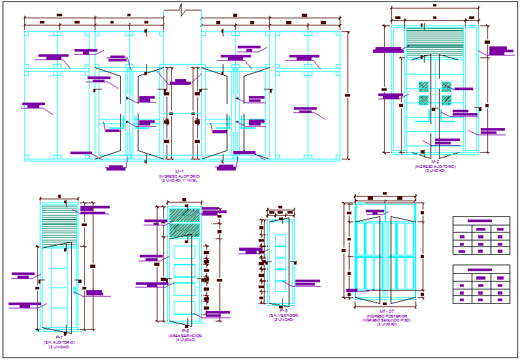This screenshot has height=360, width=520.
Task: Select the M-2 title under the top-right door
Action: pos(435,161)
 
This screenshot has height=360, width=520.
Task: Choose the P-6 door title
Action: pos(284,312)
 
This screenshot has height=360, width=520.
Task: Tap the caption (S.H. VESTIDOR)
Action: pos(284,316)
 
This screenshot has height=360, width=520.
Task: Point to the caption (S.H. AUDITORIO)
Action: pos(59,343)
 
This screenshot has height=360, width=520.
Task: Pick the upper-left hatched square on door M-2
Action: pos(423,86)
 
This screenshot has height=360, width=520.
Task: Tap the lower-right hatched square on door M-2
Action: pos(446,100)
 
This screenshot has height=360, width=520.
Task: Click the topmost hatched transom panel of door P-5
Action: pos(184,215)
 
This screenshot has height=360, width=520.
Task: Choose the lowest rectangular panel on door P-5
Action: pos(185,308)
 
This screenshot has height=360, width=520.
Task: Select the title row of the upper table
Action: pos(481,221)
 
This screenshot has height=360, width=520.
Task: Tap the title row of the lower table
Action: pos(481,269)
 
